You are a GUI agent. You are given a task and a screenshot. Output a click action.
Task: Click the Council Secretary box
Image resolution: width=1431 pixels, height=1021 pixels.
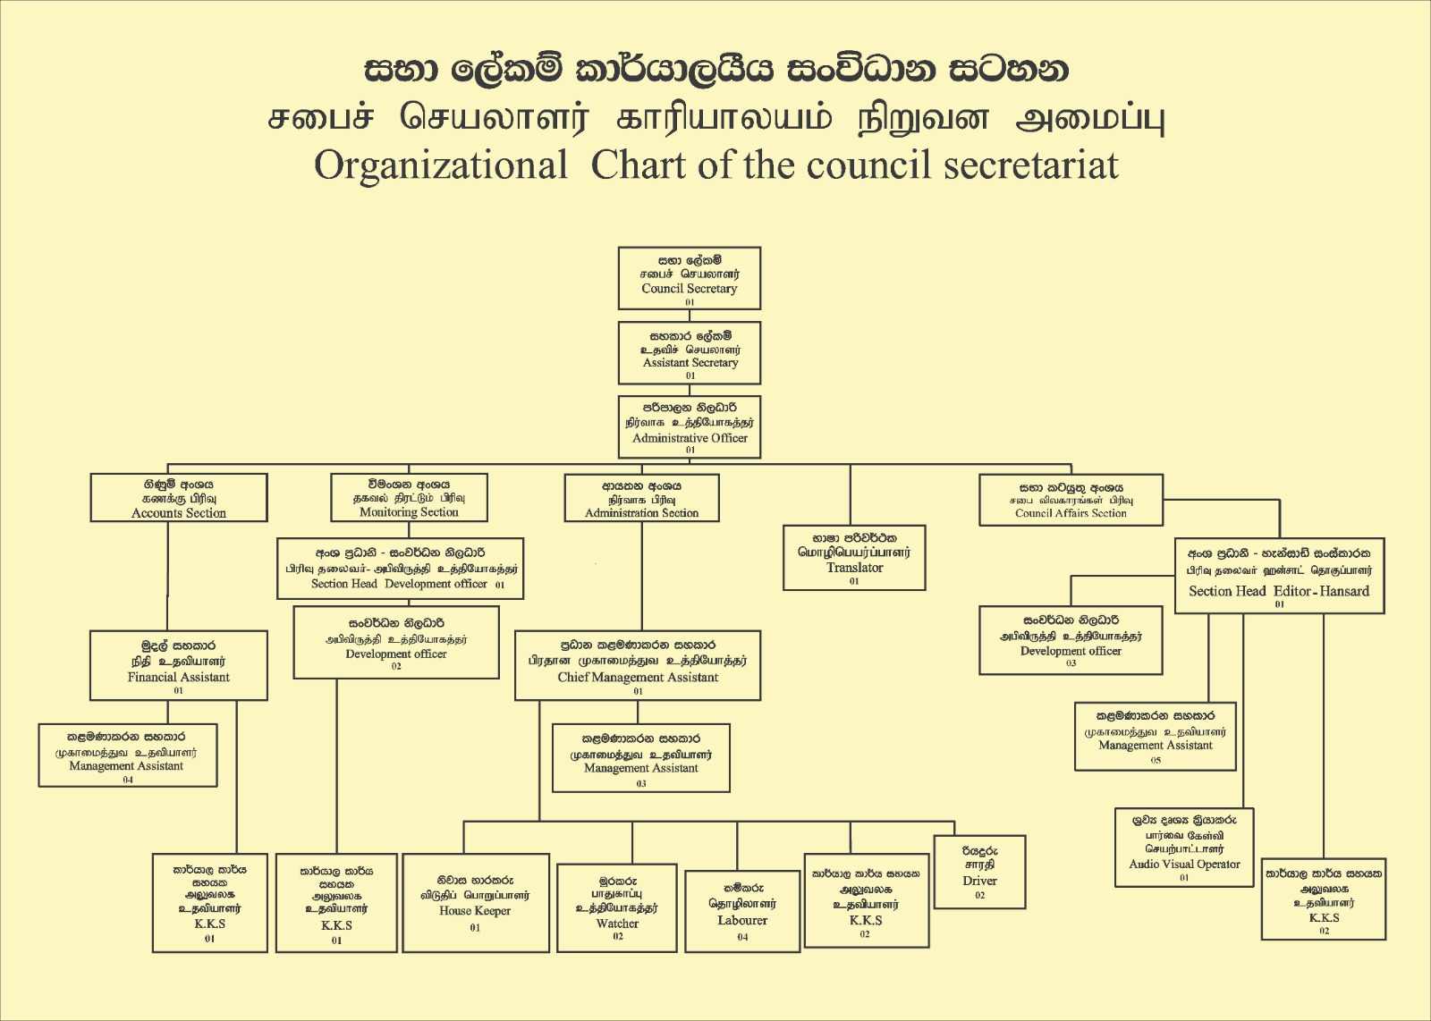click(689, 278)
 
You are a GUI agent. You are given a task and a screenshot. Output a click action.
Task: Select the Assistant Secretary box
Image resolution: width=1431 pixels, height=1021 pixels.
click(690, 352)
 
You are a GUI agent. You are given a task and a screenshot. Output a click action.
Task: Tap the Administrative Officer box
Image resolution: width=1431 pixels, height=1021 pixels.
click(690, 426)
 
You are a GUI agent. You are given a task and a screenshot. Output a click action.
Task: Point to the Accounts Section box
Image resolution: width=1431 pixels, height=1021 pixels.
click(179, 498)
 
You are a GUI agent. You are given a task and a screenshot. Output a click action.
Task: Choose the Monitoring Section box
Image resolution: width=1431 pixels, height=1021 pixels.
click(409, 498)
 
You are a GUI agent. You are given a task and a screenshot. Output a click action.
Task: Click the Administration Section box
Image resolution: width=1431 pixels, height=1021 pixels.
click(641, 498)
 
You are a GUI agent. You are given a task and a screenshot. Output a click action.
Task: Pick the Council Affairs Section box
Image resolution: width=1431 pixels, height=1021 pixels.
click(1071, 500)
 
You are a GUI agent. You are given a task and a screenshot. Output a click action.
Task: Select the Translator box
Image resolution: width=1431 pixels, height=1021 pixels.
click(854, 558)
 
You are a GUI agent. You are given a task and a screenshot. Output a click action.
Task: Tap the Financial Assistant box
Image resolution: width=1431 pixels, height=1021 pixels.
click(179, 665)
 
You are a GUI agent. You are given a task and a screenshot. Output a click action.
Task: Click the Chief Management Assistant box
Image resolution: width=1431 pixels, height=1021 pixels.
click(638, 665)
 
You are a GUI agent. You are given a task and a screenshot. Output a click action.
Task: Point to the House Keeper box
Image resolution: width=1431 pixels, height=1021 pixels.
click(475, 902)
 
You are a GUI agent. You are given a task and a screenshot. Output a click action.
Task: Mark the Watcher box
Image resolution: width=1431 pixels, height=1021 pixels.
click(617, 907)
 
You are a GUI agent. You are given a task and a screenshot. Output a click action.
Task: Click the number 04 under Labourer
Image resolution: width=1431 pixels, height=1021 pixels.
click(742, 937)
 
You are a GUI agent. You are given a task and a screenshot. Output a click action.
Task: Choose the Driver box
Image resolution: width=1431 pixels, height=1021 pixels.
click(979, 872)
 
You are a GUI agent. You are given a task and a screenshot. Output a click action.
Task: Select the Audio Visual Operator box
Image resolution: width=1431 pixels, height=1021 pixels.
click(1184, 848)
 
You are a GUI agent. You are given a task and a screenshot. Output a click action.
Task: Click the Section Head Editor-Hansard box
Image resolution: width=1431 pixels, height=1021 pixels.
click(1279, 577)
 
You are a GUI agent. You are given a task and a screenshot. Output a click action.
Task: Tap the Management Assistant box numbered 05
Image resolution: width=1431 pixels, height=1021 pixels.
click(1156, 736)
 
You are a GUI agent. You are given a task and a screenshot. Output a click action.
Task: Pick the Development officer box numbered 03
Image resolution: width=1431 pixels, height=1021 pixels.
click(1071, 640)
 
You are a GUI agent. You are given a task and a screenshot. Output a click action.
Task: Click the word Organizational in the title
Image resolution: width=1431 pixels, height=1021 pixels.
click(441, 165)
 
